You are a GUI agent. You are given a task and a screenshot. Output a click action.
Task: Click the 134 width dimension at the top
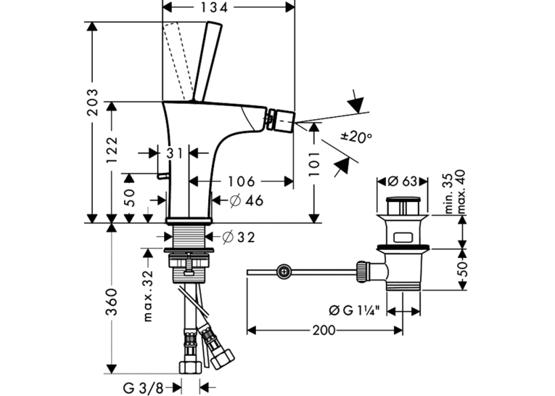214,7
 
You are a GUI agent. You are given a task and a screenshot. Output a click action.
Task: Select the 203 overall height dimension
93,102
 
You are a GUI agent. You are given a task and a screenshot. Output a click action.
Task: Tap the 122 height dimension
112,150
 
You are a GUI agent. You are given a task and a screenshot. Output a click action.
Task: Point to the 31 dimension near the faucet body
175,153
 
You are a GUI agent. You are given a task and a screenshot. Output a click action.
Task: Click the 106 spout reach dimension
241,182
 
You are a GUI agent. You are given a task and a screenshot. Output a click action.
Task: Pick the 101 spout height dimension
313,163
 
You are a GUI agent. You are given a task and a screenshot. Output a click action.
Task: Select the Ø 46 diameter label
247,201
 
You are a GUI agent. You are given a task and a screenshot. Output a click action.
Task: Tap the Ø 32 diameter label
239,237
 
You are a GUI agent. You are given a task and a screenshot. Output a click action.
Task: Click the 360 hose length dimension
112,302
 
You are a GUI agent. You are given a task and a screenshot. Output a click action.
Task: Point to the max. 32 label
148,296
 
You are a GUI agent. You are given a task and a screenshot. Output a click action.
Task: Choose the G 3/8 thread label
139,388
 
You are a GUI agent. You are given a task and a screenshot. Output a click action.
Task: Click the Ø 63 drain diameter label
403,182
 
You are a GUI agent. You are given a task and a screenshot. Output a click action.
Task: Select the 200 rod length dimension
324,331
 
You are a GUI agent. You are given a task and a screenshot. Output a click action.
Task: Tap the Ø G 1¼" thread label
355,310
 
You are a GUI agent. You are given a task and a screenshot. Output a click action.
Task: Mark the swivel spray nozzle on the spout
279,119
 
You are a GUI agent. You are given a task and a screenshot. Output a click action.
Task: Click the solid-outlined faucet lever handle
207,61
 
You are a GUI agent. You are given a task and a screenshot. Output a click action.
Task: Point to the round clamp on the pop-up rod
284,272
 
